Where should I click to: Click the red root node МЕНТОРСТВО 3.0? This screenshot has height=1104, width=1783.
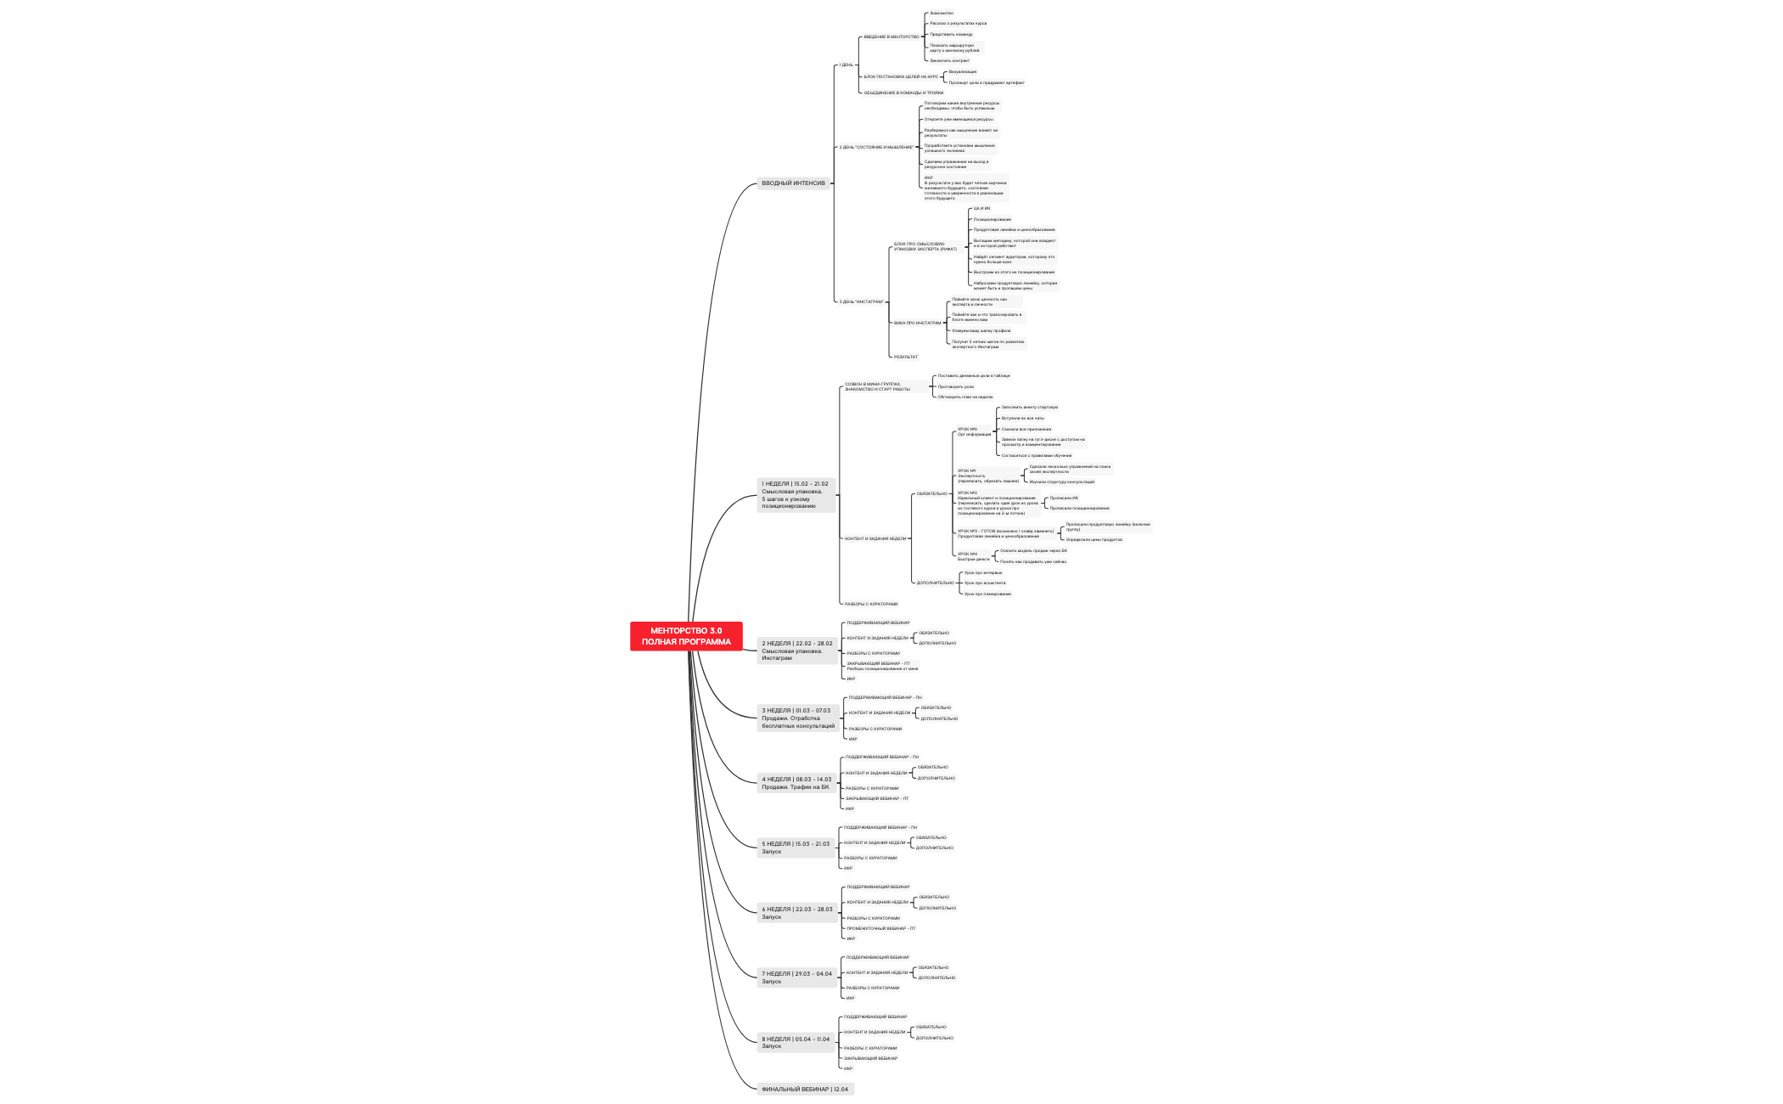686,636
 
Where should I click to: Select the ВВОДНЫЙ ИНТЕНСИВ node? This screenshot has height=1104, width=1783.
793,183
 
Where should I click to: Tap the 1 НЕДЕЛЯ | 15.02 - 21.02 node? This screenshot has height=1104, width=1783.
796,495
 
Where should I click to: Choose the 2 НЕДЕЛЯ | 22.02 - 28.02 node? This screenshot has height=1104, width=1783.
796,651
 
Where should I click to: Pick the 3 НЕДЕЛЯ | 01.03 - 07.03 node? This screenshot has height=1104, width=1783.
797,718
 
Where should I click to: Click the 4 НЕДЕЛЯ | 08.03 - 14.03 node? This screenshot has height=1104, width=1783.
796,783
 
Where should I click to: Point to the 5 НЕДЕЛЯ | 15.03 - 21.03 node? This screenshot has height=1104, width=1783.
796,848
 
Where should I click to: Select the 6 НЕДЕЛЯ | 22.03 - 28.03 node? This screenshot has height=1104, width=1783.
796,913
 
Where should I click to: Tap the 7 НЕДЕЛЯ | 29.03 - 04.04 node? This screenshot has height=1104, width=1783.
796,977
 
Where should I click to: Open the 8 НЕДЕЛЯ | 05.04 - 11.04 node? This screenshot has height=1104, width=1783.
796,1043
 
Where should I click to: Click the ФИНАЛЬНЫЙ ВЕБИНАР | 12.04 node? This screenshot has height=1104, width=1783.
805,1089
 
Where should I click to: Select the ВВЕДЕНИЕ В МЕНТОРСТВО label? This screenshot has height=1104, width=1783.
891,37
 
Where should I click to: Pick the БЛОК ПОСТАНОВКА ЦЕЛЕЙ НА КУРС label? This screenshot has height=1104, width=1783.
901,76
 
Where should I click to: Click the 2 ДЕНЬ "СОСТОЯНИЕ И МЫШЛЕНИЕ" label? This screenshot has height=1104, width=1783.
876,147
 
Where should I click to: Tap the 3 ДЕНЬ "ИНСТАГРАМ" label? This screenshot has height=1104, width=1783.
861,301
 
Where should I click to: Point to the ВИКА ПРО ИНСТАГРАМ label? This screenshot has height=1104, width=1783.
917,323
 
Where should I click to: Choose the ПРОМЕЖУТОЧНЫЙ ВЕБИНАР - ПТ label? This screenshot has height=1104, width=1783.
880,928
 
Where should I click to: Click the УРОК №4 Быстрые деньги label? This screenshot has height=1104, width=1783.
973,556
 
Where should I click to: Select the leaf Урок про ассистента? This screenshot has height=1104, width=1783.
984,583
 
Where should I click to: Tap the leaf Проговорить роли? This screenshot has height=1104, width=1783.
955,386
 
